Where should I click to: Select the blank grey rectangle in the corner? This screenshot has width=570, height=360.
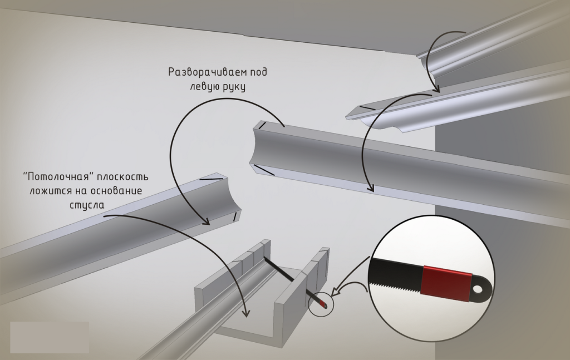(x=49, y=337)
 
